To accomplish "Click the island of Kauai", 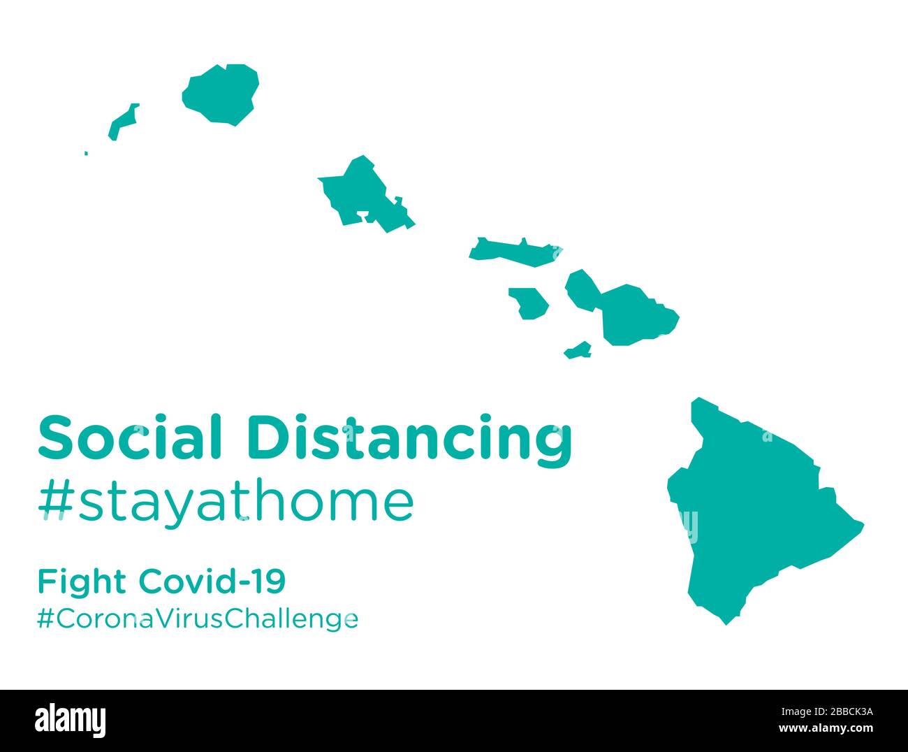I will coord(221,95).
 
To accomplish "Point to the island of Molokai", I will coord(513,250).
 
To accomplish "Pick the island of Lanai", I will coord(529,302).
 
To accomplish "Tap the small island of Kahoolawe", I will coord(578,350).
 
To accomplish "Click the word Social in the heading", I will coord(130,438).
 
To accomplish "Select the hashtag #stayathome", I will coord(226,502).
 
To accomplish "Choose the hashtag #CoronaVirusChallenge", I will coord(198,618).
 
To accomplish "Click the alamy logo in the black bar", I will coord(71,719).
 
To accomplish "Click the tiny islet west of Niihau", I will coord(86,153).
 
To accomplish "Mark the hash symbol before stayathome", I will coord(55,502).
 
